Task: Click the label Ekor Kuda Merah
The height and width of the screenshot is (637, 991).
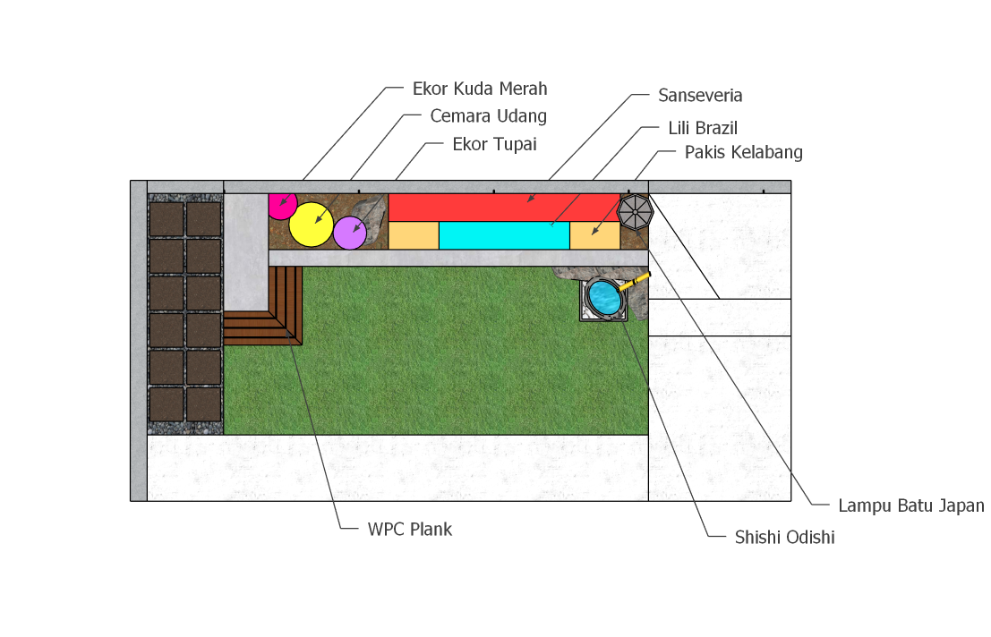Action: [480, 89]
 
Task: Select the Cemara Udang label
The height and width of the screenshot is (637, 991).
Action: [488, 116]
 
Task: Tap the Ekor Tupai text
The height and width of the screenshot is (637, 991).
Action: [494, 145]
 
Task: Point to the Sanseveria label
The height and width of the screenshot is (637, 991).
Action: [700, 96]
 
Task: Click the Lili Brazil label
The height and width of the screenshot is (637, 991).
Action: [703, 128]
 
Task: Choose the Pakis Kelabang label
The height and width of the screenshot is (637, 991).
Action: [744, 153]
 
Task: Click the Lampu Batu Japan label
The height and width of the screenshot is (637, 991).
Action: [910, 505]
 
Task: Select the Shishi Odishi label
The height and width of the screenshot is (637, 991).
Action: [784, 538]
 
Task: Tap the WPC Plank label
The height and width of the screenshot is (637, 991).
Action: [409, 529]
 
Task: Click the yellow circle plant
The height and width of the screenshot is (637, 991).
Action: [311, 225]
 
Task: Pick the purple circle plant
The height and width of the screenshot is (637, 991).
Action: [349, 233]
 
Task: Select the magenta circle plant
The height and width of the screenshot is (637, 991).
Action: [282, 207]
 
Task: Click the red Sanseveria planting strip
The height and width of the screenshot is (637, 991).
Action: [504, 208]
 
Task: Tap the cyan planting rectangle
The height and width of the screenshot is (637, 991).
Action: [504, 235]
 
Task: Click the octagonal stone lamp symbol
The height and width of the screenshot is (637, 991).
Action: [636, 212]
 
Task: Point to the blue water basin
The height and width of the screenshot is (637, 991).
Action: [603, 297]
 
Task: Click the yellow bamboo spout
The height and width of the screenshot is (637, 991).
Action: [634, 282]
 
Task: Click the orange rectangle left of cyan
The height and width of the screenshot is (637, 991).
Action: [414, 235]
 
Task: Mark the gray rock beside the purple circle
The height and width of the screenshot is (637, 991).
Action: [372, 217]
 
